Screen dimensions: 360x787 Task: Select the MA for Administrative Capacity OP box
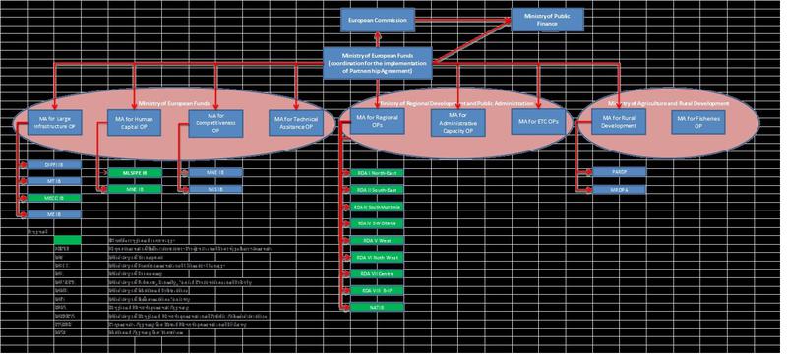click(458, 123)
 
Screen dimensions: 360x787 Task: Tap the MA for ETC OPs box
click(538, 123)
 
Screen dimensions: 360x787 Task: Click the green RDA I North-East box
click(373, 172)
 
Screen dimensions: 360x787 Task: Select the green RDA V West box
click(373, 239)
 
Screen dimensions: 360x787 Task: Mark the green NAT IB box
click(373, 307)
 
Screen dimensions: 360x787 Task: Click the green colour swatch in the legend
click(68, 238)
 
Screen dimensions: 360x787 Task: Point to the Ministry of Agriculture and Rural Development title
click(669, 103)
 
